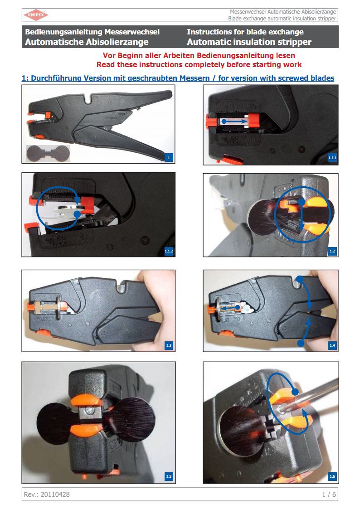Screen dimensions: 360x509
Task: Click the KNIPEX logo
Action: click(36, 15)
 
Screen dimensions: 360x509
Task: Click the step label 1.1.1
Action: click(332, 158)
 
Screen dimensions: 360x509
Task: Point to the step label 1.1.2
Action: click(169, 251)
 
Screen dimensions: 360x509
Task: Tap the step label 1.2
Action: click(332, 251)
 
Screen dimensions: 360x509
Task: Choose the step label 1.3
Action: click(169, 345)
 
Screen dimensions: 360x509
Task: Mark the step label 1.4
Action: click(332, 345)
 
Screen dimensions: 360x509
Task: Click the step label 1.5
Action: click(169, 476)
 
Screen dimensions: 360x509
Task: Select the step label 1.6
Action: click(332, 476)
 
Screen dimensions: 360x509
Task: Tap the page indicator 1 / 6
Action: click(329, 494)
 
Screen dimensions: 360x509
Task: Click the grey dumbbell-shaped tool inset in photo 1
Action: click(48, 154)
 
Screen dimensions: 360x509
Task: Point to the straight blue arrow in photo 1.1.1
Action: click(234, 121)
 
